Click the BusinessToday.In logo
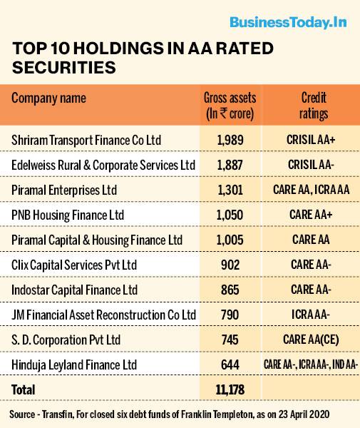click(288, 22)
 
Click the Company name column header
click(48, 98)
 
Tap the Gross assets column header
click(230, 106)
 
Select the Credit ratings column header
click(314, 106)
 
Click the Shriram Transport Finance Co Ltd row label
click(86, 141)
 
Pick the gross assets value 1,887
click(230, 165)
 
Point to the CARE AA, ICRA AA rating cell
click(312, 190)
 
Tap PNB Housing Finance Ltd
click(68, 215)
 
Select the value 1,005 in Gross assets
click(230, 240)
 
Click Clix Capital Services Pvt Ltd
click(74, 265)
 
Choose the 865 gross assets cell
click(230, 290)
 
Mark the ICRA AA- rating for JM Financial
click(311, 315)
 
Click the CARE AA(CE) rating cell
click(311, 340)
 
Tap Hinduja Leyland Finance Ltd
click(74, 365)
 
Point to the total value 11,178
click(230, 389)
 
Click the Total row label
click(24, 389)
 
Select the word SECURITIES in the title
click(64, 68)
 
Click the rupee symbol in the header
click(224, 113)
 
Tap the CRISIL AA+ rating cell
click(311, 140)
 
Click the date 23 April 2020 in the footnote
click(304, 414)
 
